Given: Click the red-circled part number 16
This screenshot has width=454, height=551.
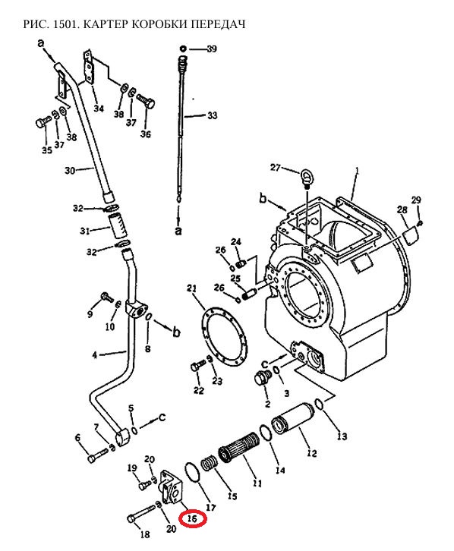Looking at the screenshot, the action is click(x=192, y=518).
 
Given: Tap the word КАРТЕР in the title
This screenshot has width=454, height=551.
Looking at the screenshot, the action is click(x=105, y=24).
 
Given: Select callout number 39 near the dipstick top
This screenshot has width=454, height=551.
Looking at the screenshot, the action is click(x=212, y=49).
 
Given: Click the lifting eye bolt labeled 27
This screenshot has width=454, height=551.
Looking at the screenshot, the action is click(x=306, y=177).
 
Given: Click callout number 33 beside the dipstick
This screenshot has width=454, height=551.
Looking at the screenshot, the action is click(x=213, y=115).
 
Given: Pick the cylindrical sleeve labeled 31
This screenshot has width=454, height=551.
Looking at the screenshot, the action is click(x=118, y=226).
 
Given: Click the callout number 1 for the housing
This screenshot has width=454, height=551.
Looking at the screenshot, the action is click(x=358, y=171).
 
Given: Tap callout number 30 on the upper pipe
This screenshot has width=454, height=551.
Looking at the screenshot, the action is click(x=70, y=171).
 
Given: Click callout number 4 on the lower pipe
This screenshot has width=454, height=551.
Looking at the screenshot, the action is click(x=95, y=355).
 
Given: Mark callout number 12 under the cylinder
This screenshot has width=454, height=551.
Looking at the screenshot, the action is click(x=312, y=453).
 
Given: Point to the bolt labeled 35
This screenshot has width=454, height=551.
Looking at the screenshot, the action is click(x=43, y=121).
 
